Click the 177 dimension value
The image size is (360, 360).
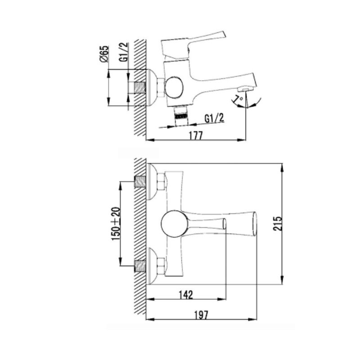pos(196,135)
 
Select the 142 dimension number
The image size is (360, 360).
pos(186,295)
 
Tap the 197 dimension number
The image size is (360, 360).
pos(201,315)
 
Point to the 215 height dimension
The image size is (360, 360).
pos(277,223)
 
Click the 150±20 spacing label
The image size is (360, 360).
pos(116,224)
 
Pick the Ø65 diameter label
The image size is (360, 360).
pos(104,54)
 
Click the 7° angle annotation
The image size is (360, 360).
pos(238,99)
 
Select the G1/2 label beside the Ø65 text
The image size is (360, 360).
pos(123,52)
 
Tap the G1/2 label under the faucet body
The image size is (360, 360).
pos(214,118)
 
